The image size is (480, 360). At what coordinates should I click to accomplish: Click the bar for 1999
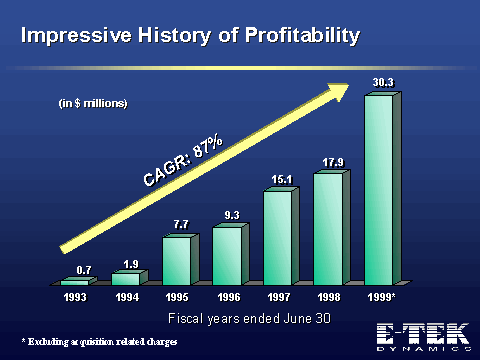(x=383, y=189)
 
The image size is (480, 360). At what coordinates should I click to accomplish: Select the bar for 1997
(x=281, y=236)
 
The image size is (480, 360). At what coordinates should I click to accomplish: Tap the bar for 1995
(x=181, y=260)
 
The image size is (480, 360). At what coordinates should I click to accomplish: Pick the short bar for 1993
(x=79, y=281)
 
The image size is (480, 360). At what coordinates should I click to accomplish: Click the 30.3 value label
(x=383, y=83)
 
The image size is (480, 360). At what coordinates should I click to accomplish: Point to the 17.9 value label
(x=333, y=163)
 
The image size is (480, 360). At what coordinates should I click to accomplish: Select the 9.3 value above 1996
(x=232, y=215)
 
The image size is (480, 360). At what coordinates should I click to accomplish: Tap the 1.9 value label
(x=131, y=265)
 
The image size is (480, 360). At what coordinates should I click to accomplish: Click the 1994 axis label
(x=127, y=297)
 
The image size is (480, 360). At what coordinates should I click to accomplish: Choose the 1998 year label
(x=329, y=297)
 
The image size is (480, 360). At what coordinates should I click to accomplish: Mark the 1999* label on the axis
(x=381, y=297)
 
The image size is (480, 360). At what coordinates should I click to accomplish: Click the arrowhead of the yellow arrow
(x=338, y=91)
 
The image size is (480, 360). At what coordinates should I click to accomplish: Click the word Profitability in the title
(x=303, y=35)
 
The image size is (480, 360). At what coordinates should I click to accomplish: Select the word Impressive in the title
(x=76, y=35)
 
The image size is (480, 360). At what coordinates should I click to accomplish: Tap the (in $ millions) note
(x=93, y=103)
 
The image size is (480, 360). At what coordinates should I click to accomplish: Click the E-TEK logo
(x=424, y=337)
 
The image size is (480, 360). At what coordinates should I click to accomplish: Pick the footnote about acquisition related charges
(x=99, y=342)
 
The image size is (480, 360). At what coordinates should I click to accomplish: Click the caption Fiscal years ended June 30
(x=249, y=319)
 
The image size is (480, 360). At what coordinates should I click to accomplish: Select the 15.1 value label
(x=282, y=180)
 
